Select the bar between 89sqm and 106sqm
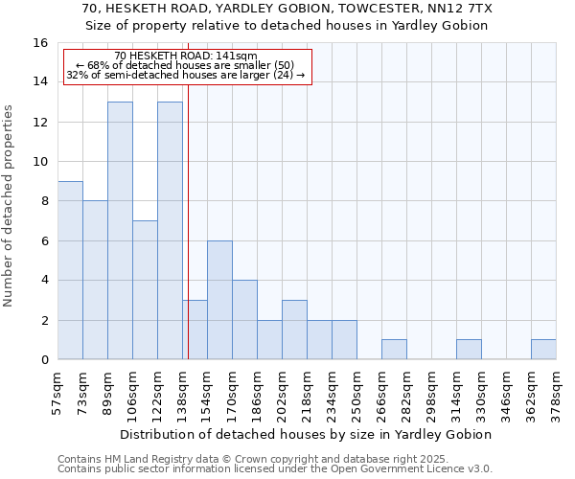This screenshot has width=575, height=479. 120,230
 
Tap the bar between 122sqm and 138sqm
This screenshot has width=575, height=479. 170,230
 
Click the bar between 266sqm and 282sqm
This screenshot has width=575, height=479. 394,350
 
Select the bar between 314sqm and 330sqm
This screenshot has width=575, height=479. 469,350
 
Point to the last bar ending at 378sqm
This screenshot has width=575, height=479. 543,350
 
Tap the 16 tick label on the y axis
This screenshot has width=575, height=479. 40,43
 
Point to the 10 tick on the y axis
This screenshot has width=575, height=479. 40,162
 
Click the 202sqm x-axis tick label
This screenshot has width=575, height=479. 282,395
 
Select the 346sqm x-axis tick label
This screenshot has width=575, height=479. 506,395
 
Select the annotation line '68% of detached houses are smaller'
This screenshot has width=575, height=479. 188,65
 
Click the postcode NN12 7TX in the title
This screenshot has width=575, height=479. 464,9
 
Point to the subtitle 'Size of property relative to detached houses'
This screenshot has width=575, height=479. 287,26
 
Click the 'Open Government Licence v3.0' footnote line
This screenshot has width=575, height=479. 276,468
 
